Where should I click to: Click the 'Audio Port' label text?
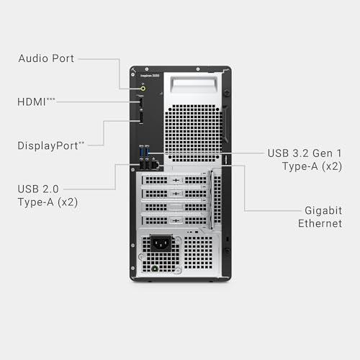pyautogui.click(x=45, y=58)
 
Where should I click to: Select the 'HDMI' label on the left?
pyautogui.click(x=32, y=102)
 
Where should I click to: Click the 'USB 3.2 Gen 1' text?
pyautogui.click(x=305, y=153)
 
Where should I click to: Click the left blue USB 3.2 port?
pyautogui.click(x=142, y=153)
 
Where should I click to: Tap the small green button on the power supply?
pyautogui.click(x=155, y=269)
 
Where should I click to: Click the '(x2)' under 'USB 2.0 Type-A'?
pyautogui.click(x=66, y=202)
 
